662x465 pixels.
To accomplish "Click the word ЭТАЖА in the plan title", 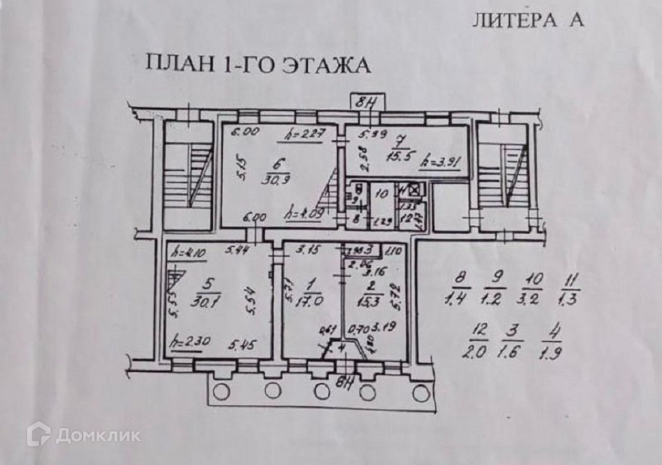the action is tap(327, 65).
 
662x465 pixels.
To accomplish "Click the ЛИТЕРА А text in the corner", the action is tap(528, 20).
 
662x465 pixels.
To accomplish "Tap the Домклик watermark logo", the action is tap(83, 435).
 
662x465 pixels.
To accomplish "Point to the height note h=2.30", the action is tap(190, 342).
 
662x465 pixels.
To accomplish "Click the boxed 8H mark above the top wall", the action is tap(366, 102).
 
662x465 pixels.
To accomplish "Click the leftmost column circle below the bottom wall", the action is tap(221, 391).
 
